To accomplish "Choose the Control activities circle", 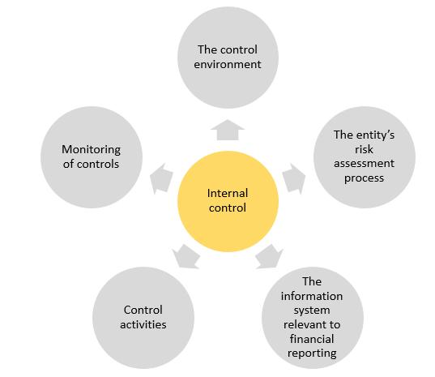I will [x=143, y=316].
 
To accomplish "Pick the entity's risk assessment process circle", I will [x=364, y=156].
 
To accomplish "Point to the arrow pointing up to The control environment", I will [x=228, y=129].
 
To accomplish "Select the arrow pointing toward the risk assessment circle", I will [x=294, y=173].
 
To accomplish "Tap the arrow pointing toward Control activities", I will [x=185, y=257].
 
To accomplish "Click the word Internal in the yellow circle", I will [x=228, y=193].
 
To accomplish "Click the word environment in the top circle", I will [x=228, y=64].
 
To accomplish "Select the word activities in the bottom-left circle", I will [x=143, y=324].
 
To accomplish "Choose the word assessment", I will [x=364, y=164].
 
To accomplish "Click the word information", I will [x=312, y=296].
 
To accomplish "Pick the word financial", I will [x=312, y=339].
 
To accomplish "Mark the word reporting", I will [x=312, y=353].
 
